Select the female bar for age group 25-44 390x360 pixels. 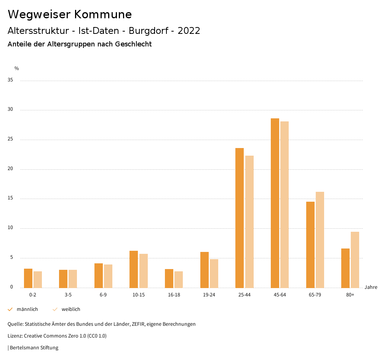click(249, 221)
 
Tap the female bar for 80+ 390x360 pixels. click(355, 260)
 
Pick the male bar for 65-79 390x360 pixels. click(310, 245)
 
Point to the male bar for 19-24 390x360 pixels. click(205, 270)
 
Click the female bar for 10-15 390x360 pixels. click(144, 271)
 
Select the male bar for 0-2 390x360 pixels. click(28, 278)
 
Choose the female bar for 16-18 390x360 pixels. click(179, 279)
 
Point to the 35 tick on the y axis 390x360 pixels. click(10, 80)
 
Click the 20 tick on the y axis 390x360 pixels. click(10, 169)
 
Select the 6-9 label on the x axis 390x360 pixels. click(103, 295)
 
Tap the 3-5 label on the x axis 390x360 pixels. click(68, 295)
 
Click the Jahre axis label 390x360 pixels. click(371, 287)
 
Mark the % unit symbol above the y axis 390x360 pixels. click(17, 68)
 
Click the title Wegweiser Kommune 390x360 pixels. click(70, 14)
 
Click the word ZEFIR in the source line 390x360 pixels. click(136, 324)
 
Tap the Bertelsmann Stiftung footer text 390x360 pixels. click(34, 348)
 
